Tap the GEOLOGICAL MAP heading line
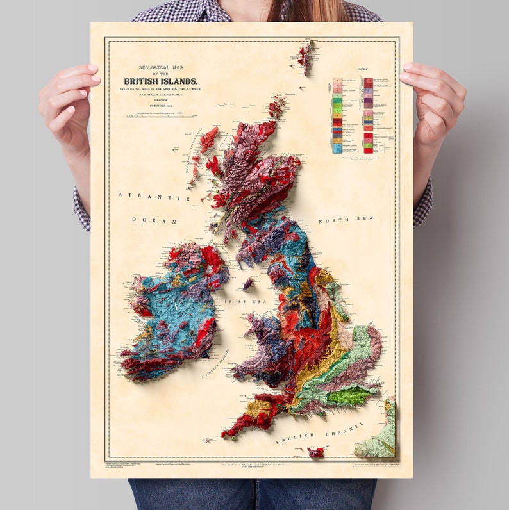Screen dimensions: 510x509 coord(161,66)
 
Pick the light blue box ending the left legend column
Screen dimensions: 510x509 coord(337,150)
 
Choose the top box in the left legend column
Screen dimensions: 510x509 coord(337,81)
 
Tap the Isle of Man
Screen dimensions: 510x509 coord(248,283)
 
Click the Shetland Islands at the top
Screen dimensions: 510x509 coord(305,56)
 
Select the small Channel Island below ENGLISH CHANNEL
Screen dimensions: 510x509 coord(315,452)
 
